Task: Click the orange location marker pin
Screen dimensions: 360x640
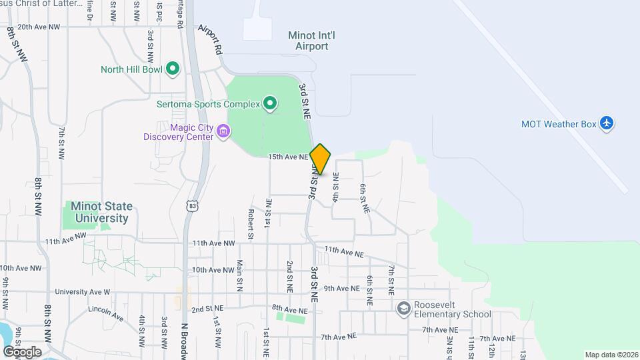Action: (x=320, y=159)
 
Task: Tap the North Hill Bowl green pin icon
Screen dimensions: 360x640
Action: (x=173, y=68)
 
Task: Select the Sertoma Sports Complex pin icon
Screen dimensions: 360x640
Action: (x=269, y=103)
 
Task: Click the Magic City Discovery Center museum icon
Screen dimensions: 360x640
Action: (x=223, y=132)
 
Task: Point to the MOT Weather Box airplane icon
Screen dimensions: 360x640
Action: (x=606, y=123)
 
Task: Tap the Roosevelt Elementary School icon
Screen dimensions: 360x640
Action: (x=403, y=309)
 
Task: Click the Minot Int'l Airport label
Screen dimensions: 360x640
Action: (x=308, y=41)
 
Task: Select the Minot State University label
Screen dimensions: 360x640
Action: (x=101, y=212)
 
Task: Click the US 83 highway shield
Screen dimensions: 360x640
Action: (x=193, y=206)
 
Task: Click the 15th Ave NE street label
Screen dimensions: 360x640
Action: (x=288, y=157)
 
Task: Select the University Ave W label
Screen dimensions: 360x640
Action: (x=83, y=292)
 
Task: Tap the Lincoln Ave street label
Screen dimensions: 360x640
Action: (x=106, y=313)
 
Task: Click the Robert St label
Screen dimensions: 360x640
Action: (x=251, y=223)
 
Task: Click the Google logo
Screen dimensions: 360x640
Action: (x=22, y=351)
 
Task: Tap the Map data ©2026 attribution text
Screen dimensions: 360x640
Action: (x=610, y=355)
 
